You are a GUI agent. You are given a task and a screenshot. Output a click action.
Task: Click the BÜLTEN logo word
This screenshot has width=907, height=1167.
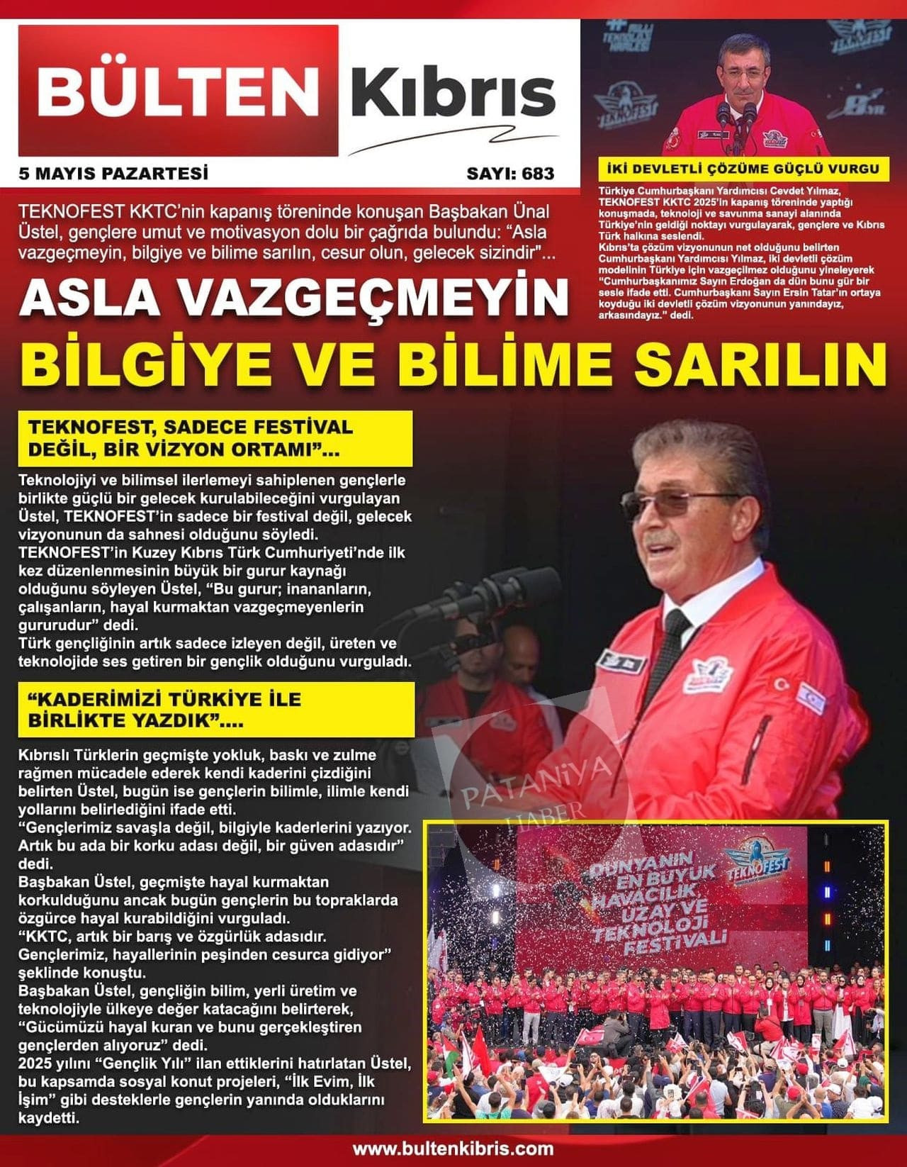click(177, 91)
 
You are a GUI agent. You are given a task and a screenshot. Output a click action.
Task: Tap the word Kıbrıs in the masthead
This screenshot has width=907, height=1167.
click(452, 92)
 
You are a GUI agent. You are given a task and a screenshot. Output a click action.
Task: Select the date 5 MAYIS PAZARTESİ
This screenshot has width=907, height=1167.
click(113, 173)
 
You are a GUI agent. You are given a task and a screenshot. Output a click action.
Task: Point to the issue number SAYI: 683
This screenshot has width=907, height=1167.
click(510, 173)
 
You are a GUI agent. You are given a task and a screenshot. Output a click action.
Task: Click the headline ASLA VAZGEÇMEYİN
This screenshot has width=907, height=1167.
click(294, 298)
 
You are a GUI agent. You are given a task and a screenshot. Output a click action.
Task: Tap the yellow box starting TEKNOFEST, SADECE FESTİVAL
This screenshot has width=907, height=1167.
click(215, 438)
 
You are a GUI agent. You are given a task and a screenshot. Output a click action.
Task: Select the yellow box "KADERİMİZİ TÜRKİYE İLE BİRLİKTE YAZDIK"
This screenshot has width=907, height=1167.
click(215, 709)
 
